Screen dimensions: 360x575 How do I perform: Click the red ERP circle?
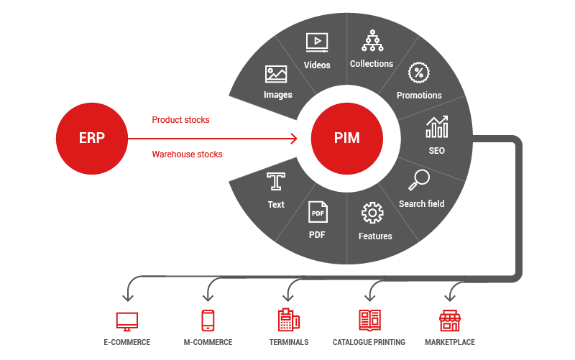[x=91, y=138]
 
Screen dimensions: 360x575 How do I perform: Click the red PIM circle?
[x=347, y=138]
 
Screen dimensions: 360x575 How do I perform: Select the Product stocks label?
[x=180, y=120]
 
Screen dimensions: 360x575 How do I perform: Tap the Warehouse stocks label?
[x=187, y=154]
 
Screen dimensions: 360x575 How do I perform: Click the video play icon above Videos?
[x=317, y=42]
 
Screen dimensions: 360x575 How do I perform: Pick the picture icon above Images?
[x=276, y=74]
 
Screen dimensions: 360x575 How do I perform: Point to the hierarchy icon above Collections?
[x=372, y=40]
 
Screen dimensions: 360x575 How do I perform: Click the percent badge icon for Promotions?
[x=418, y=73]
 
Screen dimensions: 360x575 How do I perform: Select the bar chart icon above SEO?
[x=436, y=128]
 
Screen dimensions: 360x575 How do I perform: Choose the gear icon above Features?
[x=372, y=213]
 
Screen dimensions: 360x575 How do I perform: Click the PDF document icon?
[x=318, y=212]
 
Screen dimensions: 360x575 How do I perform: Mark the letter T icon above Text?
[x=276, y=180]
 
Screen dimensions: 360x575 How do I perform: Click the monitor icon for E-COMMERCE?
[x=126, y=320]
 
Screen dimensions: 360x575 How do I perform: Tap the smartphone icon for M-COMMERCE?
[x=208, y=320]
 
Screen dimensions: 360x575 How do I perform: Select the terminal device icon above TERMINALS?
[x=288, y=320]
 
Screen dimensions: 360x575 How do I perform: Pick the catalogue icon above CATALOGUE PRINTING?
[x=369, y=320]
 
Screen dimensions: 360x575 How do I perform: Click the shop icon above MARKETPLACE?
[x=450, y=320]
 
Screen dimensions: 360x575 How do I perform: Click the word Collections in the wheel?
[x=372, y=64]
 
